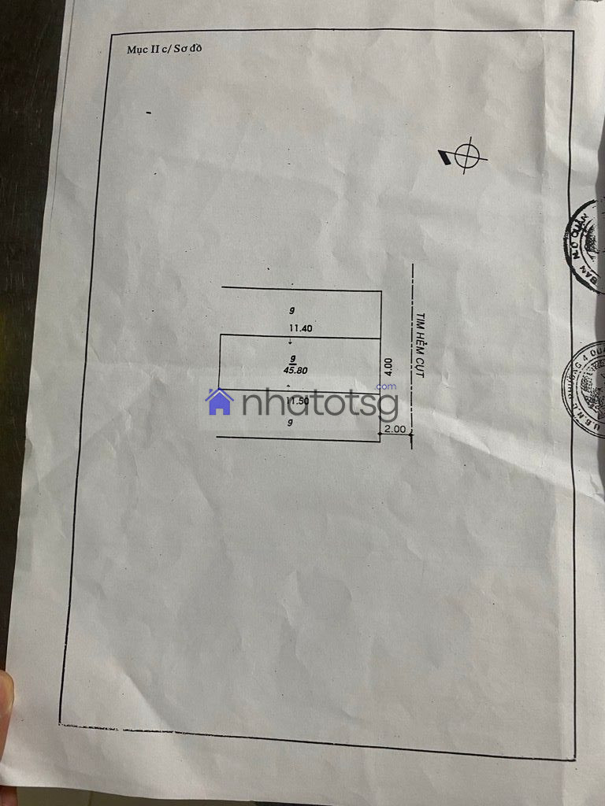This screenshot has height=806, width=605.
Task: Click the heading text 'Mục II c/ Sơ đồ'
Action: coord(165,49)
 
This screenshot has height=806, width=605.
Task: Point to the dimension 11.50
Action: coord(296,401)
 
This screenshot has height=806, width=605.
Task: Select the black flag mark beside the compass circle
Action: coord(445,158)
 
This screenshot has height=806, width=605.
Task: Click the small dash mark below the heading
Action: coord(148,113)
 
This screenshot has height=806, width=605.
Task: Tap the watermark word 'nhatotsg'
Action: coord(318,405)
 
